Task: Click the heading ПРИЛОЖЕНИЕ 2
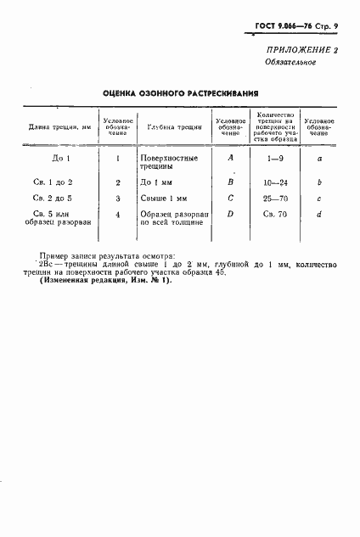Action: pos(301,52)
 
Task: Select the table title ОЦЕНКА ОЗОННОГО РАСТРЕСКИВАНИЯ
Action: pos(180,94)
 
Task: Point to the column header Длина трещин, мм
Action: pos(59,127)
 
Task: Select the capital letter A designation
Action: pos(230,158)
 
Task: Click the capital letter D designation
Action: pos(230,214)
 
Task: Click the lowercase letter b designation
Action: pos(318,182)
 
